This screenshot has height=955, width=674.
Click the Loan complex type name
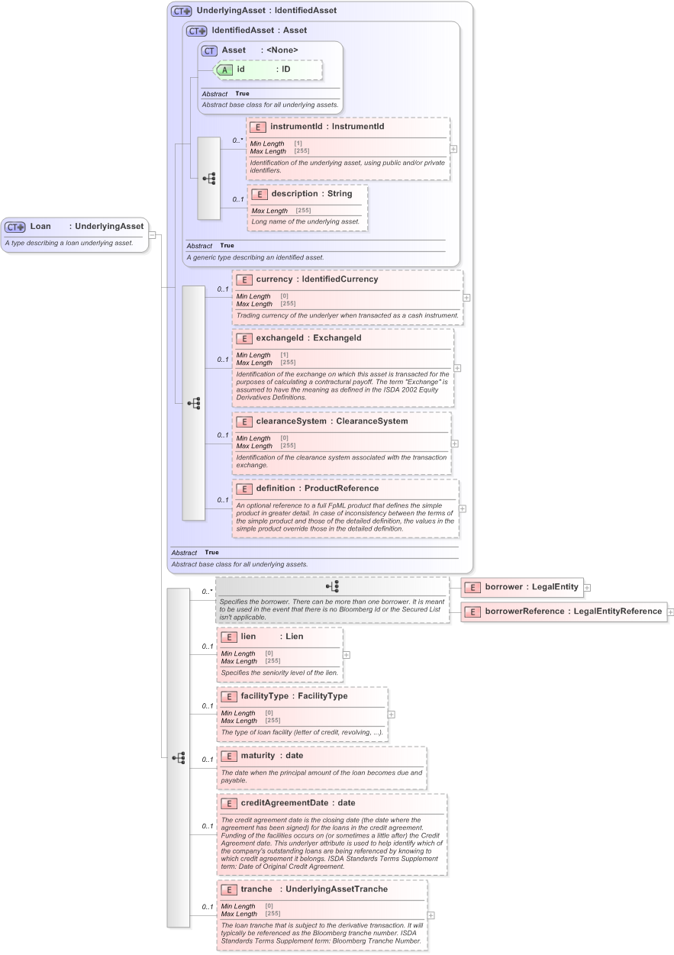pos(40,226)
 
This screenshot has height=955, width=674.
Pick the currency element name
pos(273,279)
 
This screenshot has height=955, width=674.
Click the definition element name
pos(274,489)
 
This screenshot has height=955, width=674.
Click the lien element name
pos(248,636)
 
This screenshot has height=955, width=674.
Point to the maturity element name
pos(257,756)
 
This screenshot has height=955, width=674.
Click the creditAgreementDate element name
pos(284,803)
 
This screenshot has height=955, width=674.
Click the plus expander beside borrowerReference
pos(670,611)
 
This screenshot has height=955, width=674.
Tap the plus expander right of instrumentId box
pos(453,149)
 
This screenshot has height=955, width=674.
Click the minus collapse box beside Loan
pos(152,234)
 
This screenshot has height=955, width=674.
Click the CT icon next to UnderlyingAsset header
pos(182,11)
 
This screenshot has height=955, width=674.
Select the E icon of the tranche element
pos(227,889)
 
